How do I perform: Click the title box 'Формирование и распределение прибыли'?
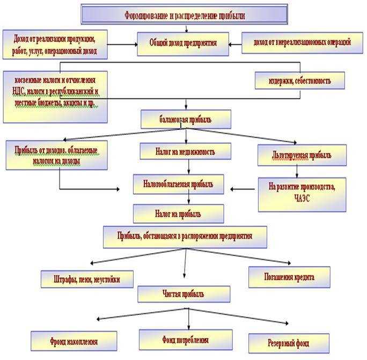(x=184, y=15)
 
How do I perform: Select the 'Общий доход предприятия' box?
(x=183, y=43)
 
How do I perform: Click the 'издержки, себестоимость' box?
(x=299, y=81)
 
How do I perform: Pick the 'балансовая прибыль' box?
(x=186, y=120)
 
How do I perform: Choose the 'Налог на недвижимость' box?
(x=186, y=152)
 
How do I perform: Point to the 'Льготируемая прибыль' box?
(x=302, y=156)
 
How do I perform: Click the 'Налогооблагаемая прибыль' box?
(x=178, y=184)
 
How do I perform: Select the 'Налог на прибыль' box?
(x=178, y=214)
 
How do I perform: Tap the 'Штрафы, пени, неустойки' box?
(x=87, y=279)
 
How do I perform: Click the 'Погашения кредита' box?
(x=289, y=277)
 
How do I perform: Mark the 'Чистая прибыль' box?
(x=184, y=293)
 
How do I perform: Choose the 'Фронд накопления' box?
(x=74, y=341)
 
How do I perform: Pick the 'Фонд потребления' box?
(x=185, y=340)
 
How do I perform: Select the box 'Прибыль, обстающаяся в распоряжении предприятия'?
(x=184, y=237)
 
